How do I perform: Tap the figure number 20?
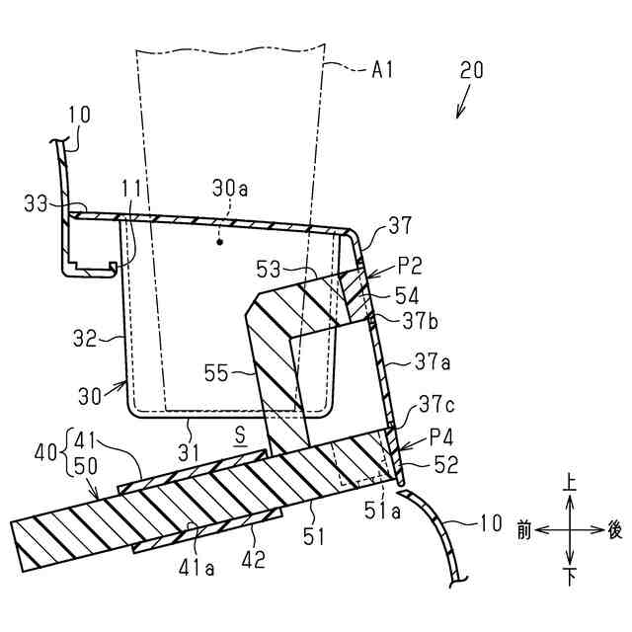tap(472, 70)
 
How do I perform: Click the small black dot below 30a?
tap(220, 240)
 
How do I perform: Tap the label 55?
tap(220, 372)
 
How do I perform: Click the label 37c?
tap(436, 403)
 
